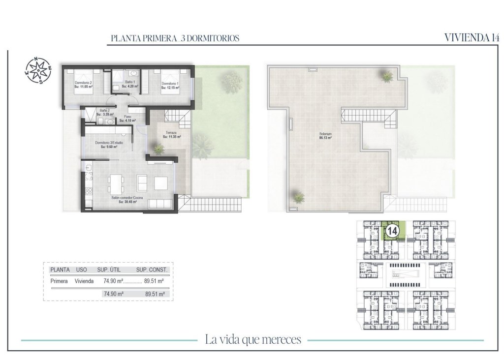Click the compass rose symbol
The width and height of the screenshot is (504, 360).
pyautogui.click(x=38, y=70)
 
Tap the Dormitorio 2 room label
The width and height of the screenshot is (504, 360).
pyautogui.click(x=83, y=83)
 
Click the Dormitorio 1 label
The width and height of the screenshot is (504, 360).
pyautogui.click(x=170, y=83)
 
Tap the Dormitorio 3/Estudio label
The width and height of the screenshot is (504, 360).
pyautogui.click(x=109, y=143)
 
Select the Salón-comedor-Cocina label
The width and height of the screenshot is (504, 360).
pyautogui.click(x=126, y=197)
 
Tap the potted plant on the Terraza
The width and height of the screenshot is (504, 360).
pyautogui.click(x=158, y=148)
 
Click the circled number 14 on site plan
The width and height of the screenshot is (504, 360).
pyautogui.click(x=392, y=231)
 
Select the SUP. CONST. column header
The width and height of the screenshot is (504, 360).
pyautogui.click(x=152, y=270)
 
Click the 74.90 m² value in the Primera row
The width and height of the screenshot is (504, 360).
pyautogui.click(x=113, y=282)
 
